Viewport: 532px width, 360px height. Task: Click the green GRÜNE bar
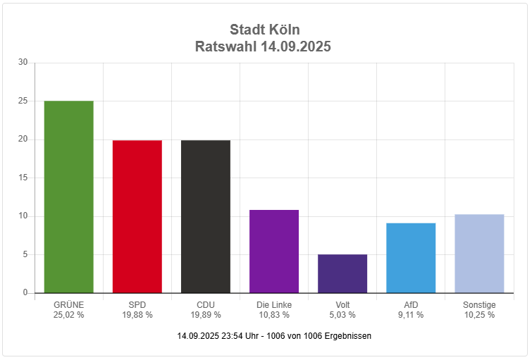[68, 197]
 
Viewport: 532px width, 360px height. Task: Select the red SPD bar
[137, 216]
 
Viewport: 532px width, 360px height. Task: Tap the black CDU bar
[205, 216]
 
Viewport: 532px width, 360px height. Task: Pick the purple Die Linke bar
[273, 251]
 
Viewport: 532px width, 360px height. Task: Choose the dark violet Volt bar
[342, 273]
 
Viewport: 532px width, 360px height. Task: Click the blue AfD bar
[410, 258]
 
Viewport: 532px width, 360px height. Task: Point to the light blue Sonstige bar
[478, 254]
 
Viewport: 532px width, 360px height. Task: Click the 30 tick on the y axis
[23, 63]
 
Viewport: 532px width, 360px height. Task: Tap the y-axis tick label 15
[23, 178]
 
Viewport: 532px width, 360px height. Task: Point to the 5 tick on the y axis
[25, 254]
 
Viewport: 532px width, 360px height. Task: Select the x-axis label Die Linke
[274, 305]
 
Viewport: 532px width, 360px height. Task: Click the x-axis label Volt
[342, 305]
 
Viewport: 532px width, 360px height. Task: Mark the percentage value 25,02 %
[68, 315]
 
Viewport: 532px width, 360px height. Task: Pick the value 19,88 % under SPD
[137, 315]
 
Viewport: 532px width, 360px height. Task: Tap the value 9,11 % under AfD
[411, 315]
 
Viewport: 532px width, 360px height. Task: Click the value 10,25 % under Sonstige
[479, 315]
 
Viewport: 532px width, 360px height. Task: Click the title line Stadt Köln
[264, 30]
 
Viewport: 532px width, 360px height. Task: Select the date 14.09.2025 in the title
[295, 47]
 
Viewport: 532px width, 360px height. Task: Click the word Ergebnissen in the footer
[349, 336]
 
